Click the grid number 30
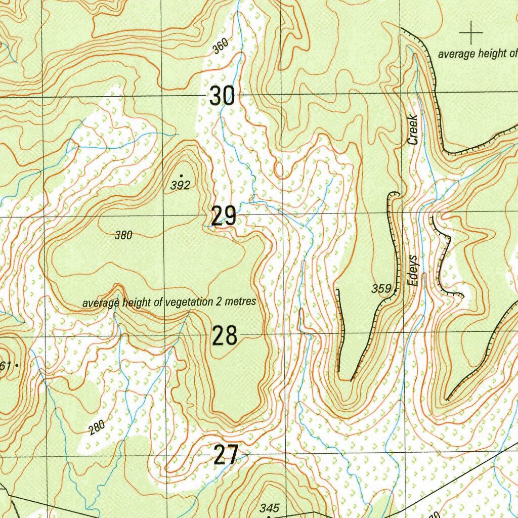pos(223,96)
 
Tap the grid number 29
pos(224,217)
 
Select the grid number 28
pos(224,335)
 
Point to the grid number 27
pos(225,455)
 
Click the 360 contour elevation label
pos(221,47)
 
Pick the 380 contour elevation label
pos(123,235)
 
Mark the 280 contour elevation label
pos(97,427)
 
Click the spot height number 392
pos(180,186)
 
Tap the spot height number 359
pos(381,289)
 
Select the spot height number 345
pos(270,508)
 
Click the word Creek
pos(413,130)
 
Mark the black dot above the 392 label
pos(181,176)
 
